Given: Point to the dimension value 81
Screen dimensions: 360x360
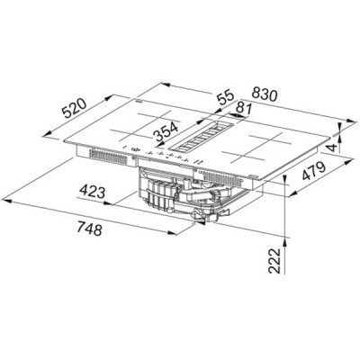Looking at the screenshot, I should tap(241, 109).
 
